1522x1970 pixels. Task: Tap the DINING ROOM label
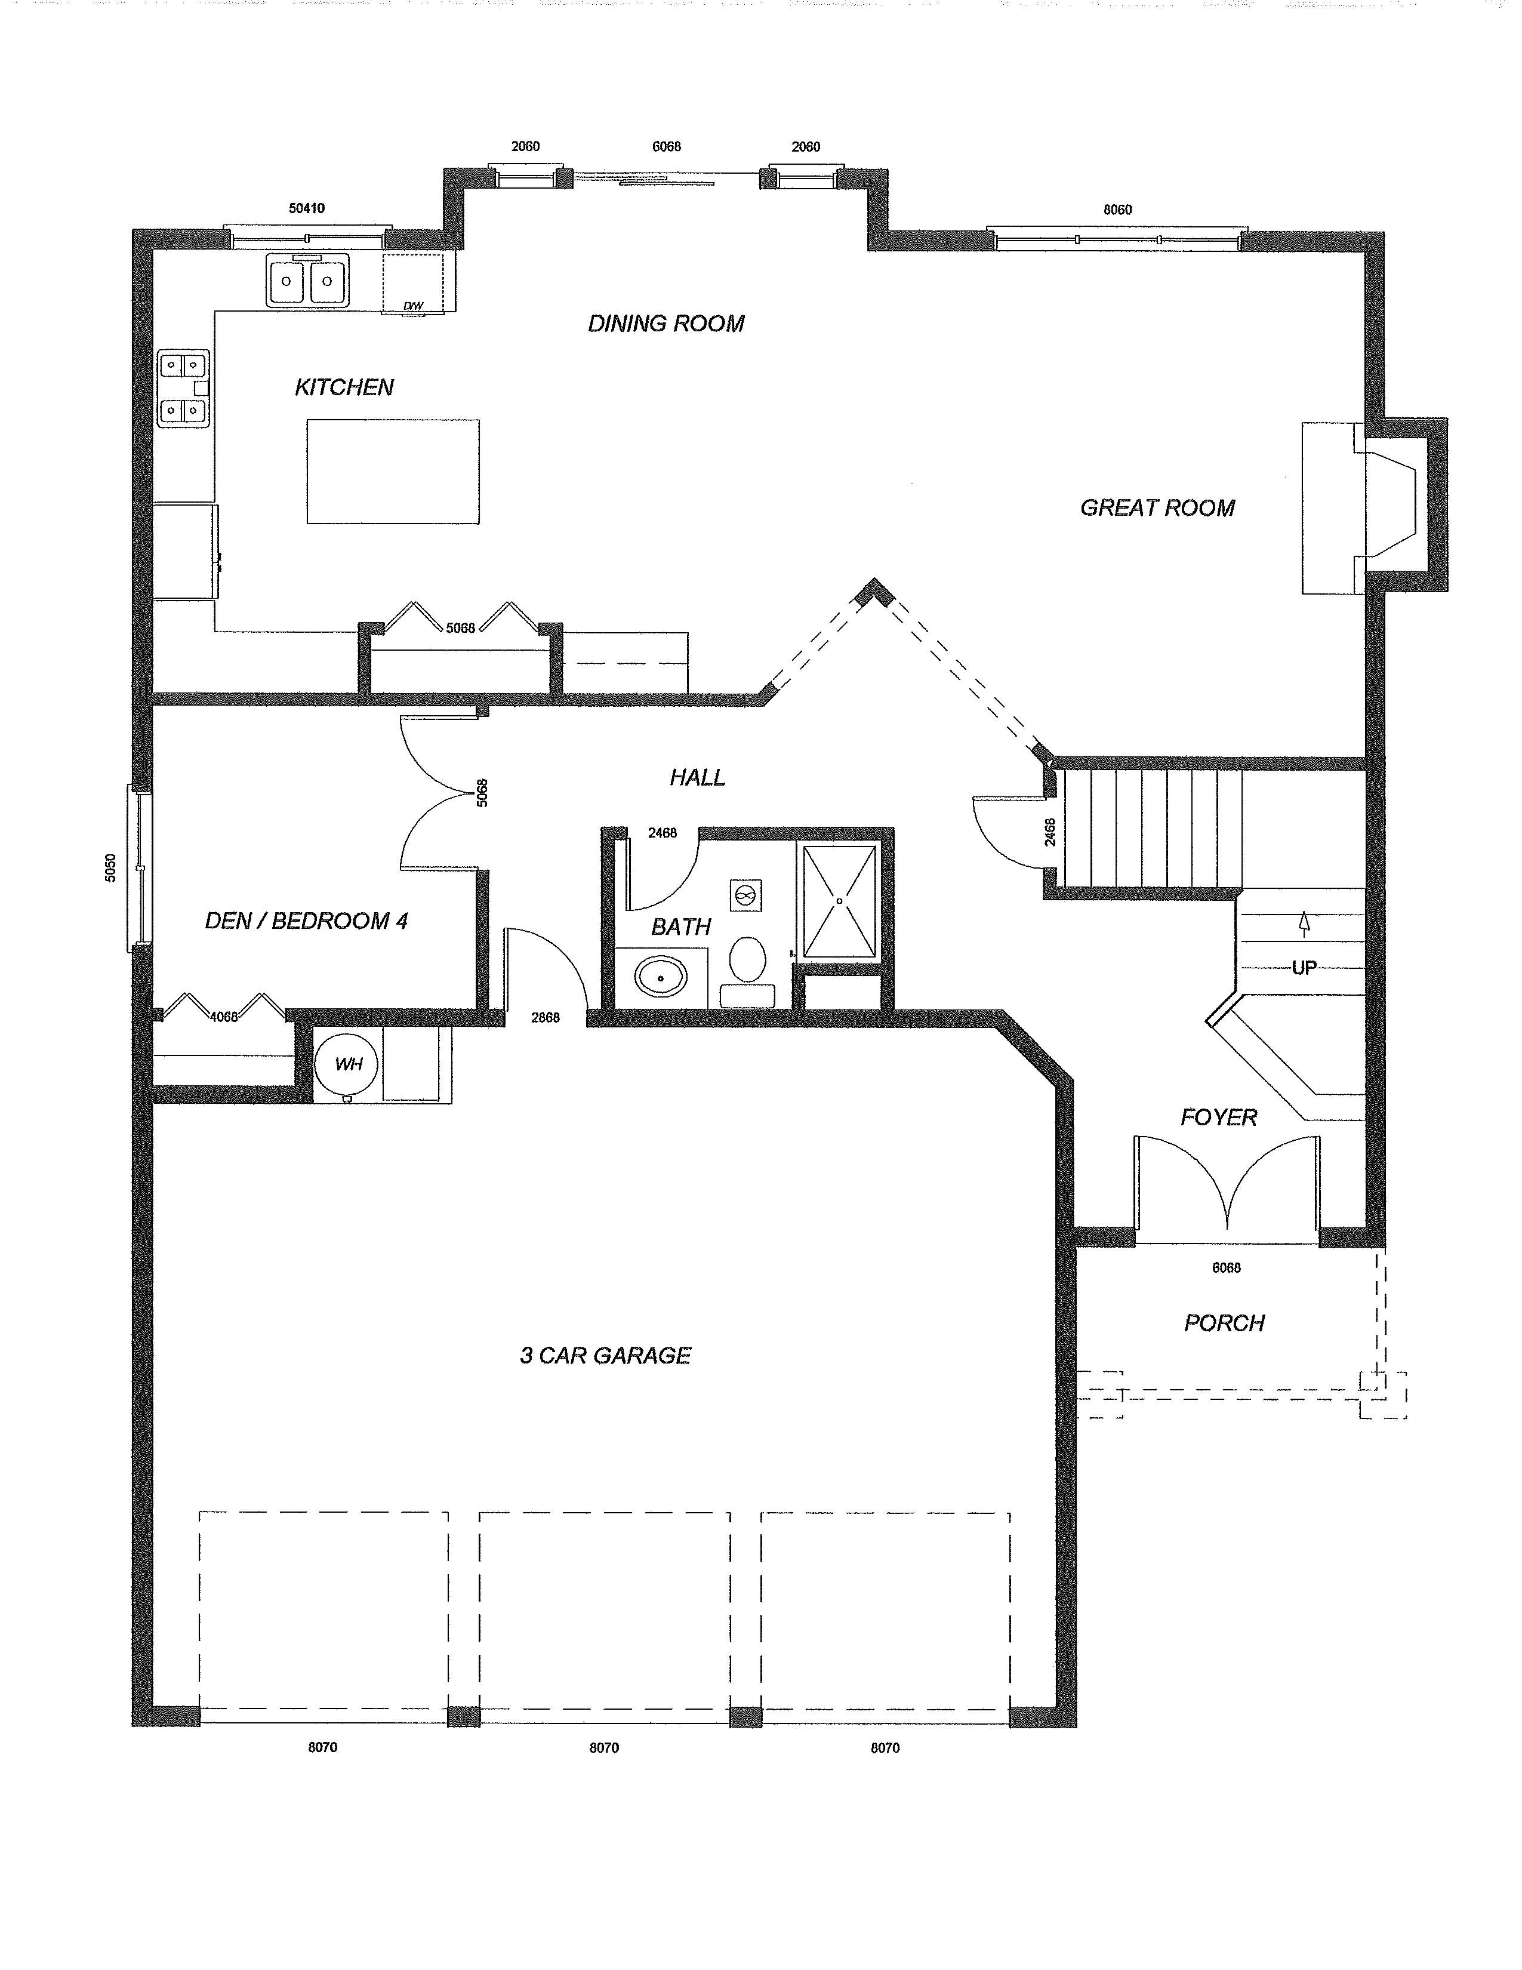coord(666,323)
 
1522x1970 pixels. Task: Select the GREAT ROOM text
coord(1158,508)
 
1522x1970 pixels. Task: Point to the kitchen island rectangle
coord(393,471)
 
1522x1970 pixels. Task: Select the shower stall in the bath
coord(839,900)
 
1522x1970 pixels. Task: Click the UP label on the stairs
coord(1304,967)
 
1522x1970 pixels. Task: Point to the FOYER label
coord(1219,1118)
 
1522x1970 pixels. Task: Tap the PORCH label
coord(1224,1323)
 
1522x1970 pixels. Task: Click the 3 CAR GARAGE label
coord(605,1356)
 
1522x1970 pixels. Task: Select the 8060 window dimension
coord(1117,210)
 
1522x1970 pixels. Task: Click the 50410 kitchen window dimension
coord(307,208)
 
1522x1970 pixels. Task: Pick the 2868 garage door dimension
coord(546,1017)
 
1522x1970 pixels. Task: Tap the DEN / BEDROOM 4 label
coord(307,921)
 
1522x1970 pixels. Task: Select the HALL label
coord(697,777)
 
